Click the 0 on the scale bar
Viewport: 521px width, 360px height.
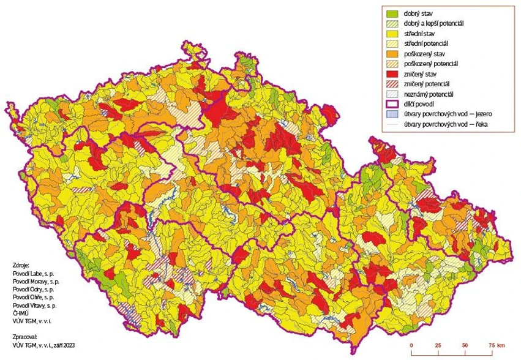pyautogui.click(x=411, y=346)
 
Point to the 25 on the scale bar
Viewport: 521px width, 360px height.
pyautogui.click(x=438, y=346)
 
